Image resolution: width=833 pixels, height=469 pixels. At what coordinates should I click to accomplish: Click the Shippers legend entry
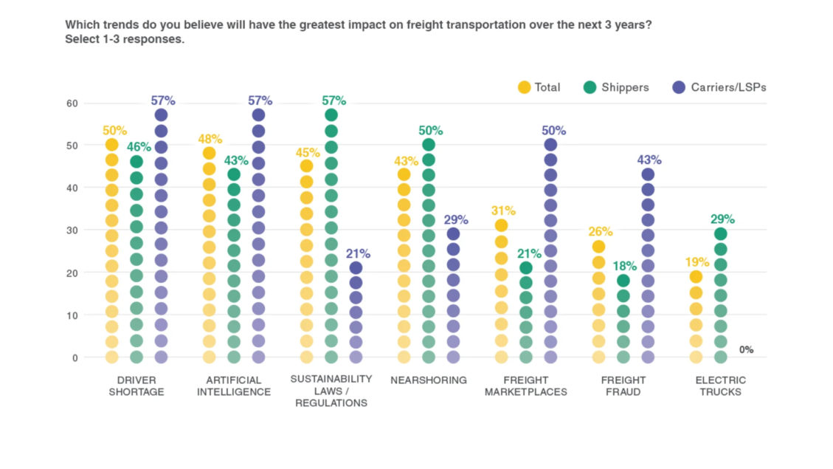coord(624,87)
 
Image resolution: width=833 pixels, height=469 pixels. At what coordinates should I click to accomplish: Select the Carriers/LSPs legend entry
coord(728,87)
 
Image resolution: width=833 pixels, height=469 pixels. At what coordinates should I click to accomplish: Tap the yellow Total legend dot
coord(525,87)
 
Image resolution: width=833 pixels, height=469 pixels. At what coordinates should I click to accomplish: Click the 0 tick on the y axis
coord(74,357)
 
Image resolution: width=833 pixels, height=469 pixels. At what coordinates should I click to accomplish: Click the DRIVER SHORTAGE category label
coord(136,386)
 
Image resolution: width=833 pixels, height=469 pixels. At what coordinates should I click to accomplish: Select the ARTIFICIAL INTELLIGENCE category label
coord(234,386)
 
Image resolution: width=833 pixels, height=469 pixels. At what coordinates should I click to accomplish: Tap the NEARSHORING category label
coord(429,380)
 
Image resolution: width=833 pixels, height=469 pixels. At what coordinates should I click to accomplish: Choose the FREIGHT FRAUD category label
coord(623,386)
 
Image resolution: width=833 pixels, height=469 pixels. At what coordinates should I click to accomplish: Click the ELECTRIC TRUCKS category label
coord(720,386)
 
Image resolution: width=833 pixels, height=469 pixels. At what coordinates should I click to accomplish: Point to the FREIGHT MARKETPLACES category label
coord(525,386)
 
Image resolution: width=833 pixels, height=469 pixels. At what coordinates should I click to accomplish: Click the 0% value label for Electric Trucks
coord(746,350)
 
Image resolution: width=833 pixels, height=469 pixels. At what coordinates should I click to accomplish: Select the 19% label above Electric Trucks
coord(697,261)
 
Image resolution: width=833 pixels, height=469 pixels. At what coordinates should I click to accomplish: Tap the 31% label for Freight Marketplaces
coord(502,210)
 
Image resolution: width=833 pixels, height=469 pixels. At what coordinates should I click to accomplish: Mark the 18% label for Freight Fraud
coord(623,266)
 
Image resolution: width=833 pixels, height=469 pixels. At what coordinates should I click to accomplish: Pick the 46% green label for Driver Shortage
coord(137,147)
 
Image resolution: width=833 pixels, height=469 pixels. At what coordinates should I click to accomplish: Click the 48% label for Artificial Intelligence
coord(210,138)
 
